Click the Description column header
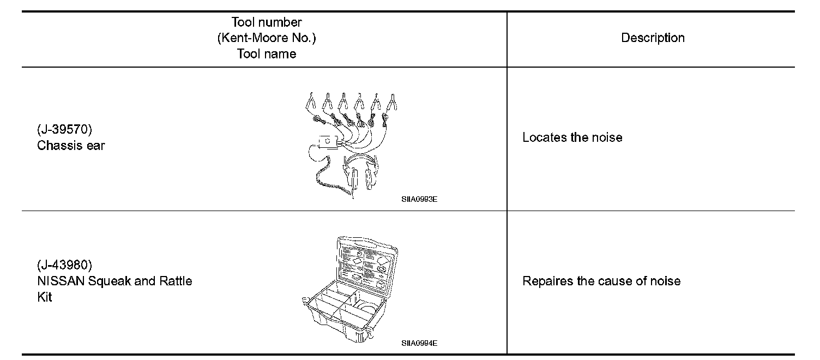(653, 38)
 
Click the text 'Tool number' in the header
(266, 22)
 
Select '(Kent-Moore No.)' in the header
(266, 38)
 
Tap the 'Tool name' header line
(266, 54)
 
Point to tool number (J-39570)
(64, 130)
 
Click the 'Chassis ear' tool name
(71, 146)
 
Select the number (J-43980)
(64, 266)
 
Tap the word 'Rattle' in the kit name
(175, 281)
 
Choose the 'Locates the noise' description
(572, 137)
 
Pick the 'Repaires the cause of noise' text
(601, 281)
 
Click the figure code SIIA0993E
(419, 199)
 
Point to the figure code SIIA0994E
(419, 343)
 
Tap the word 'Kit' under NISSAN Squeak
(45, 298)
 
